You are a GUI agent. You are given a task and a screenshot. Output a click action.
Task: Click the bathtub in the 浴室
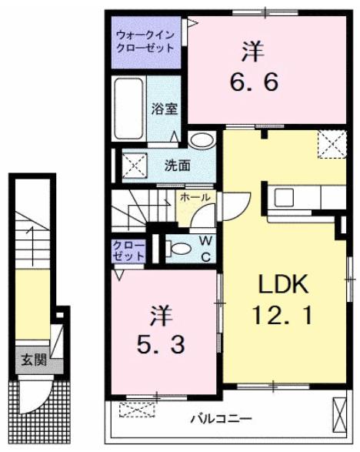[x=128, y=109]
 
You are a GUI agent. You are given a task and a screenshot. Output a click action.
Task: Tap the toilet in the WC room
[x=178, y=249]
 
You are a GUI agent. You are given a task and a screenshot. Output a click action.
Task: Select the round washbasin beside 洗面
[x=202, y=140]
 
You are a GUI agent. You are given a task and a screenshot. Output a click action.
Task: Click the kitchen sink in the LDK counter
[x=284, y=197]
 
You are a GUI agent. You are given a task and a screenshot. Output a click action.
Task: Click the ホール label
[x=195, y=197]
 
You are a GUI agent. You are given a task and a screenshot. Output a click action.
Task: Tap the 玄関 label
[x=35, y=360]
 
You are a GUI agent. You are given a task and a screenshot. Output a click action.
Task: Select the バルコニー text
[x=222, y=418]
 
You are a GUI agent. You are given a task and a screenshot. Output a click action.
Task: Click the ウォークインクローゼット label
[x=145, y=42]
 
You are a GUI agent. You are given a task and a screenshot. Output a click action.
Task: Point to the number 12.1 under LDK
[x=282, y=316]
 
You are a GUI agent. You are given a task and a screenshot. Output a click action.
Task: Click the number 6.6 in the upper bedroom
[x=255, y=82]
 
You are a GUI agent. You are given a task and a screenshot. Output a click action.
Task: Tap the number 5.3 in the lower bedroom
[x=161, y=345]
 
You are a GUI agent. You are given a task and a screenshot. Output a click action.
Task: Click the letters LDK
[x=283, y=284]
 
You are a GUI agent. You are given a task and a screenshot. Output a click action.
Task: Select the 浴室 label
[x=165, y=109]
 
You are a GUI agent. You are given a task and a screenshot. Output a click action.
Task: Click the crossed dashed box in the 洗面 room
[x=135, y=166]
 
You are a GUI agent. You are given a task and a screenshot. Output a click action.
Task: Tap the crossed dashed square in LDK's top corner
[x=332, y=144]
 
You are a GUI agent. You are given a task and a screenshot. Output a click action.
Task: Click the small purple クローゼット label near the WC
[x=128, y=251]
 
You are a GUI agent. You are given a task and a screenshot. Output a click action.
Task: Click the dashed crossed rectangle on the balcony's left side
[x=138, y=410]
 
